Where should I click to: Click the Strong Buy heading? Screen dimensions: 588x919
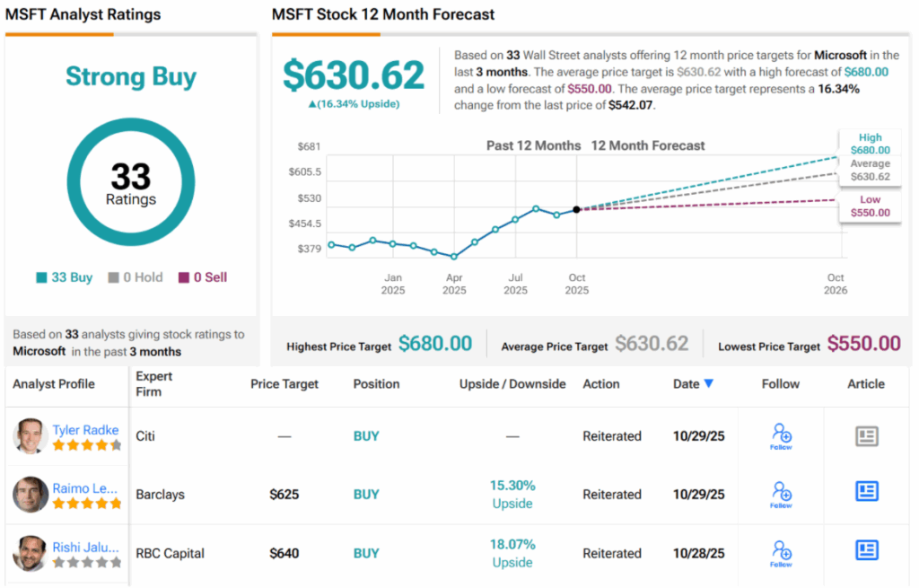tap(131, 77)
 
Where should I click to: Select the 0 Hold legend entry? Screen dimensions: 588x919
tap(136, 277)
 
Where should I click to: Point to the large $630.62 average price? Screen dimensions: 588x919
tap(354, 75)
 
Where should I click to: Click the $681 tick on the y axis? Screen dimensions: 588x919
tap(309, 146)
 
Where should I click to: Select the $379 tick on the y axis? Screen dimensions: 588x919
tap(309, 249)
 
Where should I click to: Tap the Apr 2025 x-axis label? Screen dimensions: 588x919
tap(454, 284)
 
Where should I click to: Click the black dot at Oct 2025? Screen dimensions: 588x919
tap(576, 209)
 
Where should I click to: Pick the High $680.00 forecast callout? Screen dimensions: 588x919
tap(870, 144)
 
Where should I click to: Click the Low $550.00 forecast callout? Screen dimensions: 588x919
tap(870, 206)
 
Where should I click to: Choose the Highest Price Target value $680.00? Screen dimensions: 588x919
tap(435, 343)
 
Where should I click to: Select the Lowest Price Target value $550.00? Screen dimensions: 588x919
tap(863, 343)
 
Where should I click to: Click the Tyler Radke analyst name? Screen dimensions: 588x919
tap(85, 430)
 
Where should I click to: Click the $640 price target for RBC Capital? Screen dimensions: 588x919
tap(284, 553)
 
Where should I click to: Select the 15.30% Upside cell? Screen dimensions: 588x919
tap(512, 494)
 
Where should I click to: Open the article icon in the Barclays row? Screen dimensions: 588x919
tap(866, 492)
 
